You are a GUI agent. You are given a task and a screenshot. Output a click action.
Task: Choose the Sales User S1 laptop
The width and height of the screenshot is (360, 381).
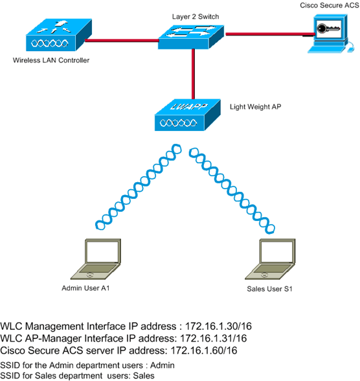275,259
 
